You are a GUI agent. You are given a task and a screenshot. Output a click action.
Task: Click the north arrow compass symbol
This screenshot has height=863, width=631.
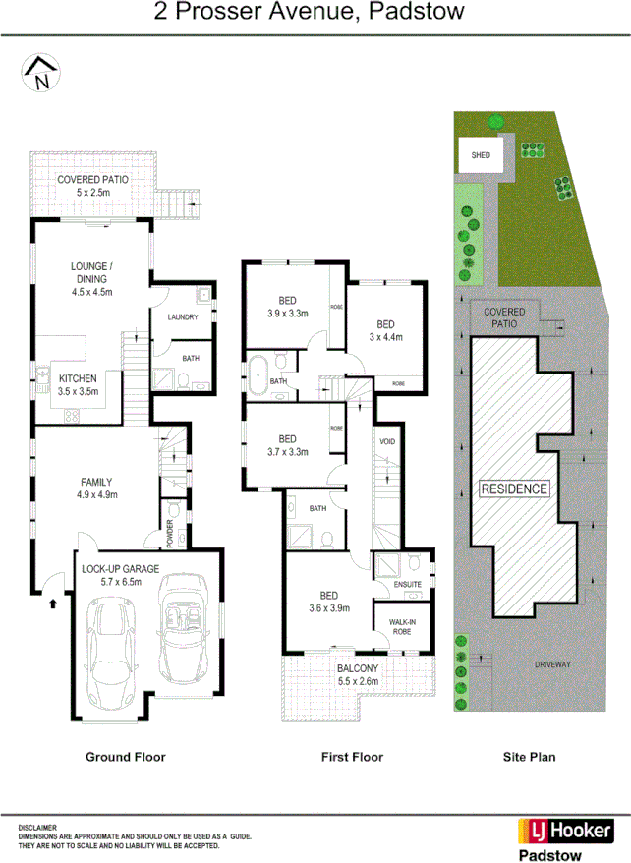[39, 74]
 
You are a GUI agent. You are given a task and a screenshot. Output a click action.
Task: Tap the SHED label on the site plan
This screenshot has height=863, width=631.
[481, 155]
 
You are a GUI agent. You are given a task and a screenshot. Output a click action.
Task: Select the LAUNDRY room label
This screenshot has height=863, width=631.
[183, 316]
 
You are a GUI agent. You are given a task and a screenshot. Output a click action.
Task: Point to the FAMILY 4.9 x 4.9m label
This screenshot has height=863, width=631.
[96, 489]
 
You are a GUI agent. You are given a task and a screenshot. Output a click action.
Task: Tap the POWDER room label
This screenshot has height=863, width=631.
[170, 533]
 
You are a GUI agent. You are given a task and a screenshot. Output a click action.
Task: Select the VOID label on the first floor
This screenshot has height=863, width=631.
[387, 442]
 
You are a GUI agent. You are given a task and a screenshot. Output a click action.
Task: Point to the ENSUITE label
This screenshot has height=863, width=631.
[407, 585]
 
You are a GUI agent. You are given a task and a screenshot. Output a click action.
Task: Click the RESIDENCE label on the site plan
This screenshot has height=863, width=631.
[513, 489]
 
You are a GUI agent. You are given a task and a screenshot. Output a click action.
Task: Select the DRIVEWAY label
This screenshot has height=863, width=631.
[552, 664]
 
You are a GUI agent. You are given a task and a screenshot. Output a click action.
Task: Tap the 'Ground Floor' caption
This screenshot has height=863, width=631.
[125, 757]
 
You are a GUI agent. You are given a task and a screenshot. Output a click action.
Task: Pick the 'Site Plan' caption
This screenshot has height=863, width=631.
[529, 757]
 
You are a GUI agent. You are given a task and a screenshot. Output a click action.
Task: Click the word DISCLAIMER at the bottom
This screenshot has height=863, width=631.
[38, 828]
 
